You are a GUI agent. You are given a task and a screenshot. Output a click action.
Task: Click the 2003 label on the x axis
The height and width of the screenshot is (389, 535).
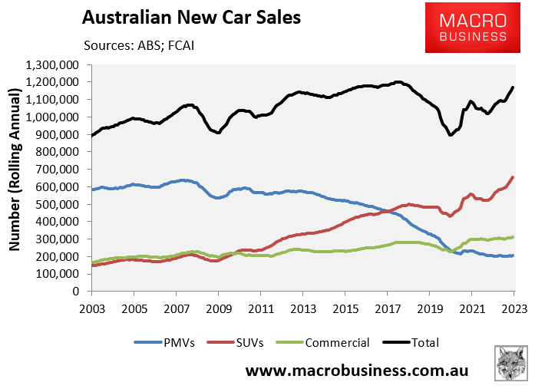[x=91, y=307]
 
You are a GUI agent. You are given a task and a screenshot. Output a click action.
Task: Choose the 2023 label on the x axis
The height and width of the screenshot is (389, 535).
[x=514, y=307]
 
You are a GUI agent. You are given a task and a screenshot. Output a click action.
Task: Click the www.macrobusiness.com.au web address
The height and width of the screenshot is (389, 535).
[x=356, y=371]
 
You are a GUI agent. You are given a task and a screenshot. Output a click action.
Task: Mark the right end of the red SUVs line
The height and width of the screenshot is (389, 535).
[x=513, y=177]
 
